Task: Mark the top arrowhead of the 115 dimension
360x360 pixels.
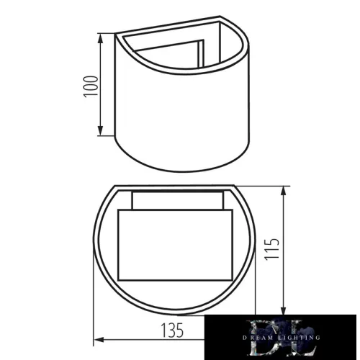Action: point(287,189)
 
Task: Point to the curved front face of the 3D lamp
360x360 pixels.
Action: point(180,115)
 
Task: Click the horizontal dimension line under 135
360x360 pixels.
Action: point(144,339)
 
